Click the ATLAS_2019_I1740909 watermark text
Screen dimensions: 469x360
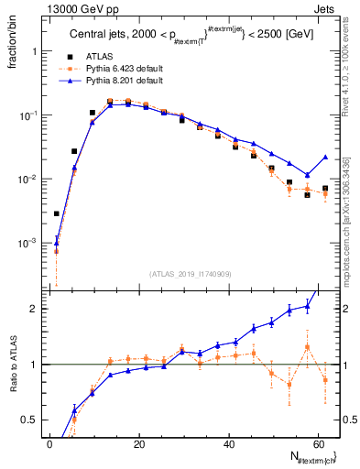(191, 273)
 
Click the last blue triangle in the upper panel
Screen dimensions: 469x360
(325, 157)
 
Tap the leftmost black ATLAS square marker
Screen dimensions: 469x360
(56, 213)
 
